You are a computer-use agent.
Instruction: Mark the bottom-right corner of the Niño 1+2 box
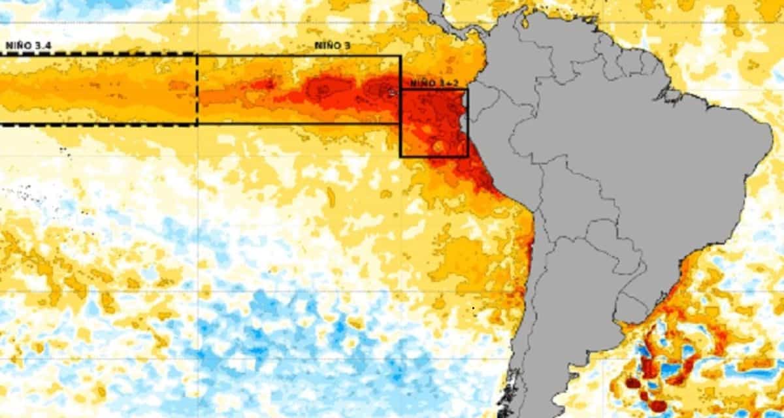[x=468, y=157]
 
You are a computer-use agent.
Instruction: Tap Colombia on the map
[x=510, y=65]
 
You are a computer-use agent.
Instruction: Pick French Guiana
[x=647, y=65]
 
